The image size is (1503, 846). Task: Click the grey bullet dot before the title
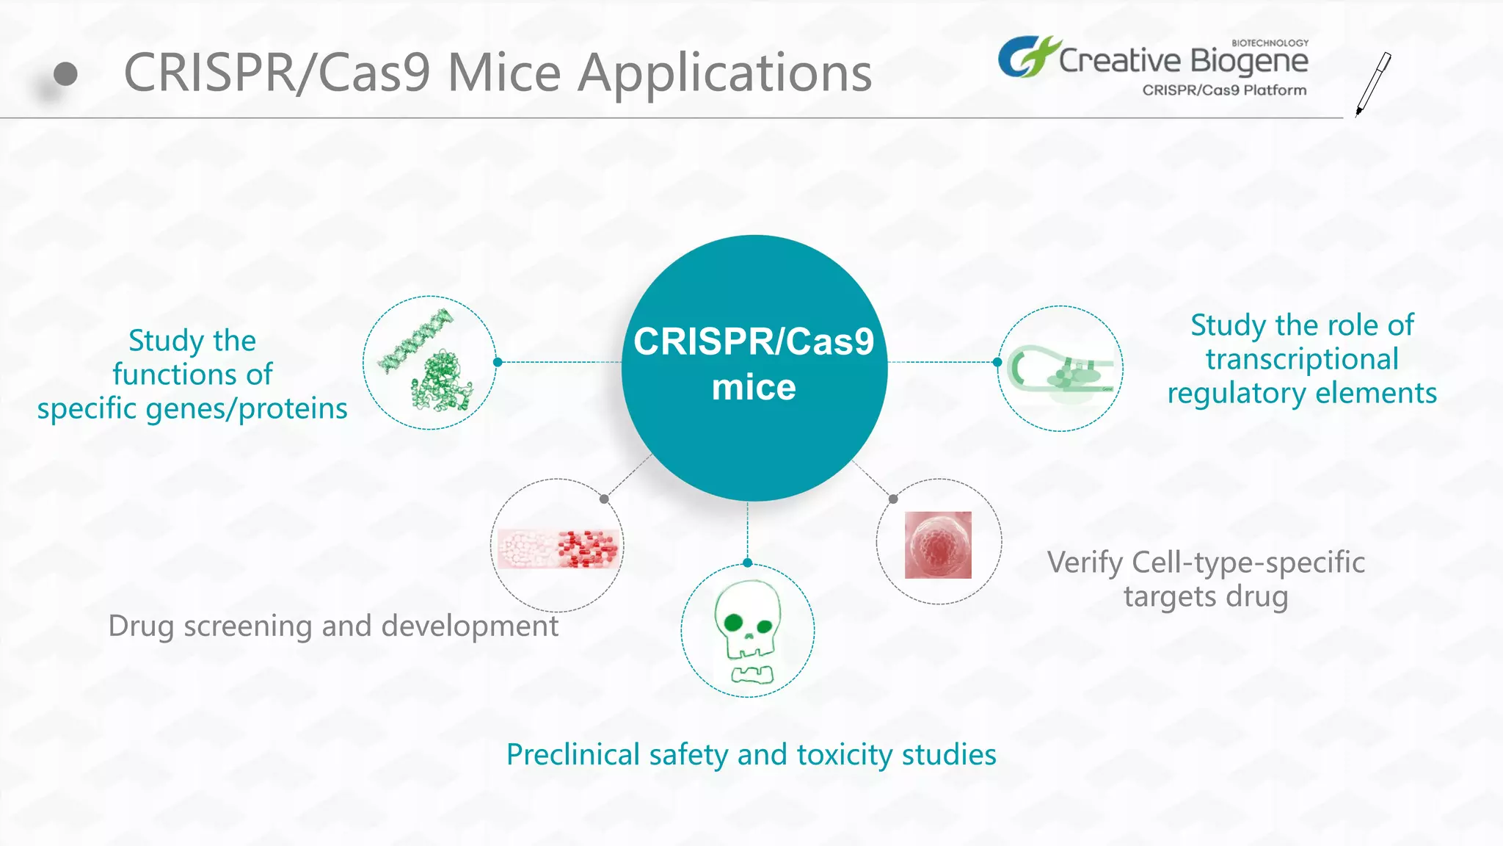[65, 73]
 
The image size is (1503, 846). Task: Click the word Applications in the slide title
[724, 73]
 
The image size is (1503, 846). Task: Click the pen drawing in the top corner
[1373, 83]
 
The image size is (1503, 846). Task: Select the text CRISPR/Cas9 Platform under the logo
[1224, 90]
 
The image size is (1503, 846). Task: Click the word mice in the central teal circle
[754, 388]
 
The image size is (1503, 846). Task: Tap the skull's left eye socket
[732, 623]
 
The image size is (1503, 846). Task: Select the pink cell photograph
[938, 545]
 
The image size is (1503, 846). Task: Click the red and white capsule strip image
[558, 549]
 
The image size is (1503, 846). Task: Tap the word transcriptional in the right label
[1302, 359]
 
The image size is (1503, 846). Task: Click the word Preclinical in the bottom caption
[573, 755]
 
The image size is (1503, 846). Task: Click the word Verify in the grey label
[1085, 563]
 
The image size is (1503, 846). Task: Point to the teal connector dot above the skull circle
[748, 563]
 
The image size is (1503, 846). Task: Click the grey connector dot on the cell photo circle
[893, 499]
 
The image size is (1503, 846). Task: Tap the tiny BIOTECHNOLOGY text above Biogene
[1270, 43]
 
